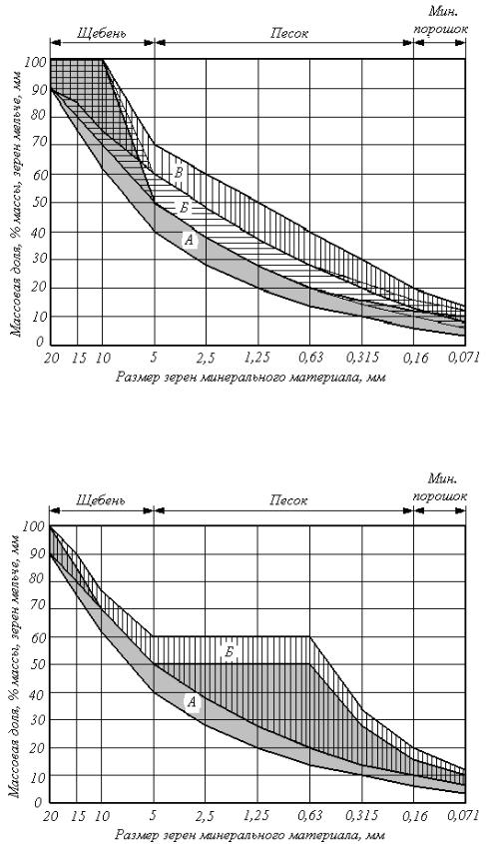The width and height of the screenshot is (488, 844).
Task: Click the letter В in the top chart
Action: coord(180,173)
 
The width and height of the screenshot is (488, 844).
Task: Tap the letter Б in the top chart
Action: coord(184,208)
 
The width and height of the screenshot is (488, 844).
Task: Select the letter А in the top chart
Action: coord(189,241)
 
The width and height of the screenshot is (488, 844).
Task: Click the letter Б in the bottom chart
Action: coord(230,652)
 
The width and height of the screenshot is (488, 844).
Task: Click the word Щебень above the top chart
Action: coord(101,34)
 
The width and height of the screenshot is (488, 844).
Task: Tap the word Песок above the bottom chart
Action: coord(289,500)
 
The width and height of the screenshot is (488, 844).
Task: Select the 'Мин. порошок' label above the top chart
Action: coord(440,19)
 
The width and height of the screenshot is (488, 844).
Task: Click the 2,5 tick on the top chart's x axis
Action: coord(206,358)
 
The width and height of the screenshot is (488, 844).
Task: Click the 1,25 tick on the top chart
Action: coord(257,358)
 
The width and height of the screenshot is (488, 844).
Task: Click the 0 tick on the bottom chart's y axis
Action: coord(37,803)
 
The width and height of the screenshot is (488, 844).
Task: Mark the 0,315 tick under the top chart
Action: coord(366,358)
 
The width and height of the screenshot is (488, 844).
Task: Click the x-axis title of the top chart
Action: coord(250,377)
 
